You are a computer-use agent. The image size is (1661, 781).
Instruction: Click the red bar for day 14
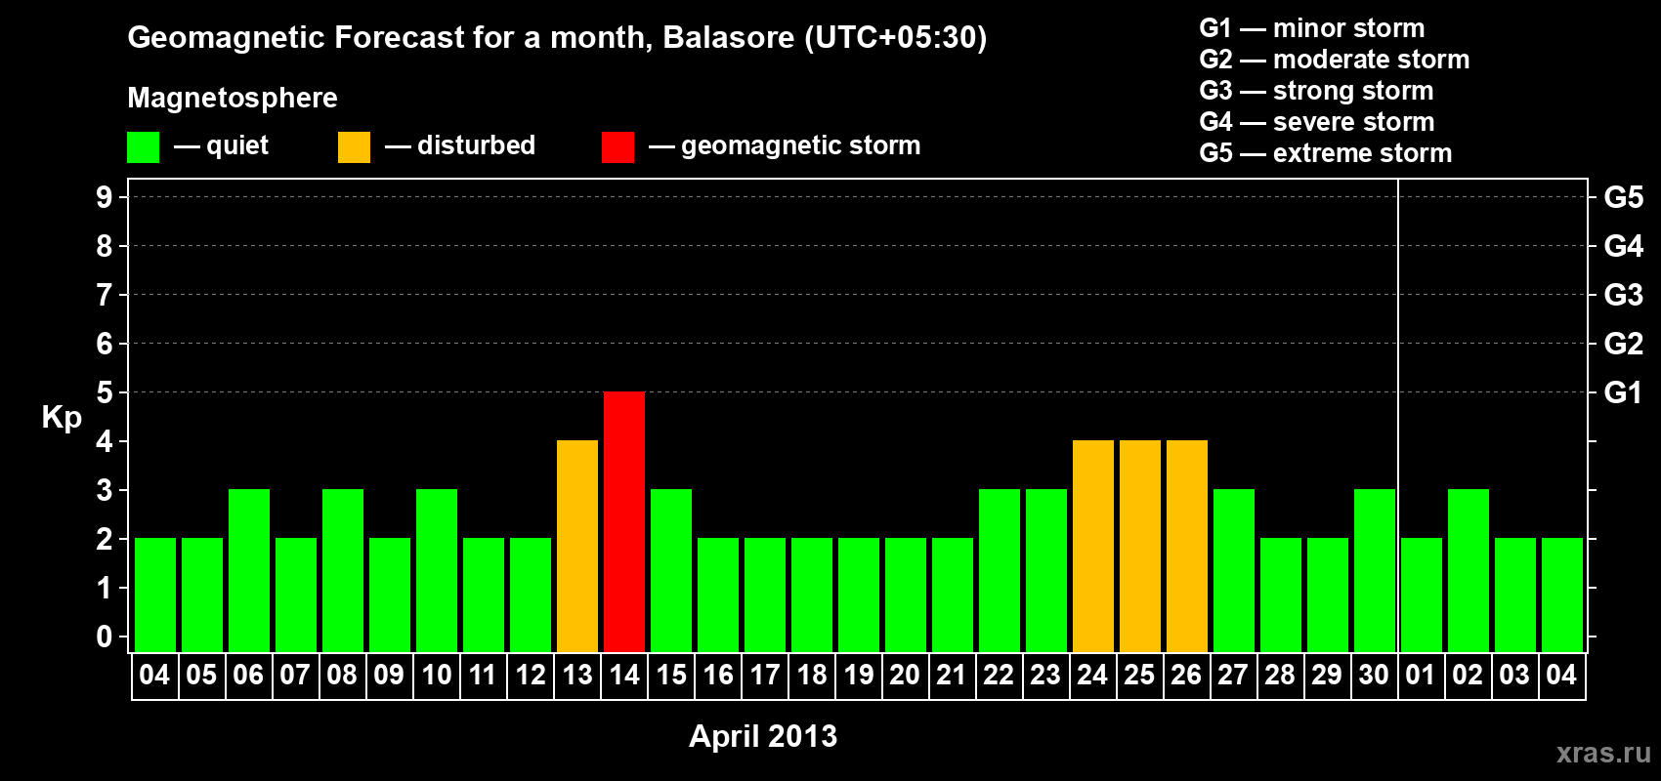tap(624, 521)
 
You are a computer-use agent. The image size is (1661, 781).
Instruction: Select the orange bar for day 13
tap(577, 546)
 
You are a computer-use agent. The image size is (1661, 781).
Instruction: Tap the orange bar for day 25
tap(1140, 546)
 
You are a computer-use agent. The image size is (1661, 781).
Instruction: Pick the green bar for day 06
tap(249, 570)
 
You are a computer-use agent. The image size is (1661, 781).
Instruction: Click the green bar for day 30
tap(1375, 570)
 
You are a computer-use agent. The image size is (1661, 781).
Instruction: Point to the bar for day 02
tap(1469, 570)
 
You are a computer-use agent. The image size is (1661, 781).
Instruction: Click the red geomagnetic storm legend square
tap(618, 146)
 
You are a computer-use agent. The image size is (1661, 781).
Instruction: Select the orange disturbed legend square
tap(354, 146)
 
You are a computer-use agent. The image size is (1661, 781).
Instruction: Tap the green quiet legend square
tap(143, 146)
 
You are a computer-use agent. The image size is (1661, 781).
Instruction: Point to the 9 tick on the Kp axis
tap(104, 197)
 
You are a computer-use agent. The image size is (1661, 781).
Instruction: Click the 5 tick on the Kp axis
tap(104, 392)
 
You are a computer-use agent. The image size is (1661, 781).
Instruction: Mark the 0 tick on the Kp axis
tap(104, 637)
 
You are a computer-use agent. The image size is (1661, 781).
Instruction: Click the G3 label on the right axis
tap(1623, 295)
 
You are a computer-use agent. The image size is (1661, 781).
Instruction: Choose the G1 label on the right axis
tap(1623, 392)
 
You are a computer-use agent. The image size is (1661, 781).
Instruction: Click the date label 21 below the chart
tap(952, 675)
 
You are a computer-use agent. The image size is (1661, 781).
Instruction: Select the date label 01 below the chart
tap(1420, 675)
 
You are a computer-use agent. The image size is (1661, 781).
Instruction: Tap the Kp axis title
tap(62, 418)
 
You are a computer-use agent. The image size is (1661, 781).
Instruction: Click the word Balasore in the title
tap(728, 37)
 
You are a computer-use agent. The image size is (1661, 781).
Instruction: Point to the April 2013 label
tap(763, 736)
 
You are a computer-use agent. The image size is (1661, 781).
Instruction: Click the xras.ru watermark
tap(1604, 753)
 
